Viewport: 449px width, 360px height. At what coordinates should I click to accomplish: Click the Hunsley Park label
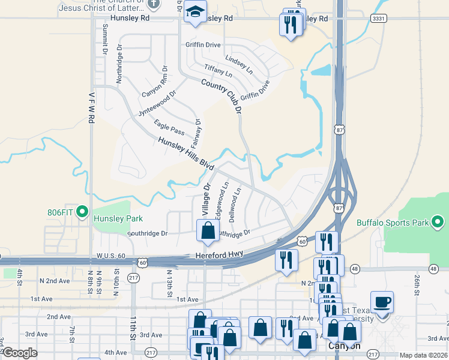[x=118, y=218]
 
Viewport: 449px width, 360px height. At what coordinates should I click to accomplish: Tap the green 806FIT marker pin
[x=83, y=212]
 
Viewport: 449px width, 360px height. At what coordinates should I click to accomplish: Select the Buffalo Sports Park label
[x=393, y=223]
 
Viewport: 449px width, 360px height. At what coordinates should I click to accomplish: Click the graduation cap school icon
[x=194, y=12]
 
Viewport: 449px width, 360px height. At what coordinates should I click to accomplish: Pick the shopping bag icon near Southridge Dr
[x=208, y=230]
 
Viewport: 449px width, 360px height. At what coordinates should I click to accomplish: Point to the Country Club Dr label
[x=220, y=95]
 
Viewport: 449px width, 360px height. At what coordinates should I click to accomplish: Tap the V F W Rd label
[x=91, y=107]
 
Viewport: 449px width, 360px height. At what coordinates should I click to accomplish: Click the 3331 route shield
[x=378, y=19]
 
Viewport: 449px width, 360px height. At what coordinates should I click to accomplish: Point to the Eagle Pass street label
[x=169, y=128]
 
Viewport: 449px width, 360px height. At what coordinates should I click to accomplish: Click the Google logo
[x=20, y=353]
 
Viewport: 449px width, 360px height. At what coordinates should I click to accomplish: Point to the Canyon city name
[x=344, y=346]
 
